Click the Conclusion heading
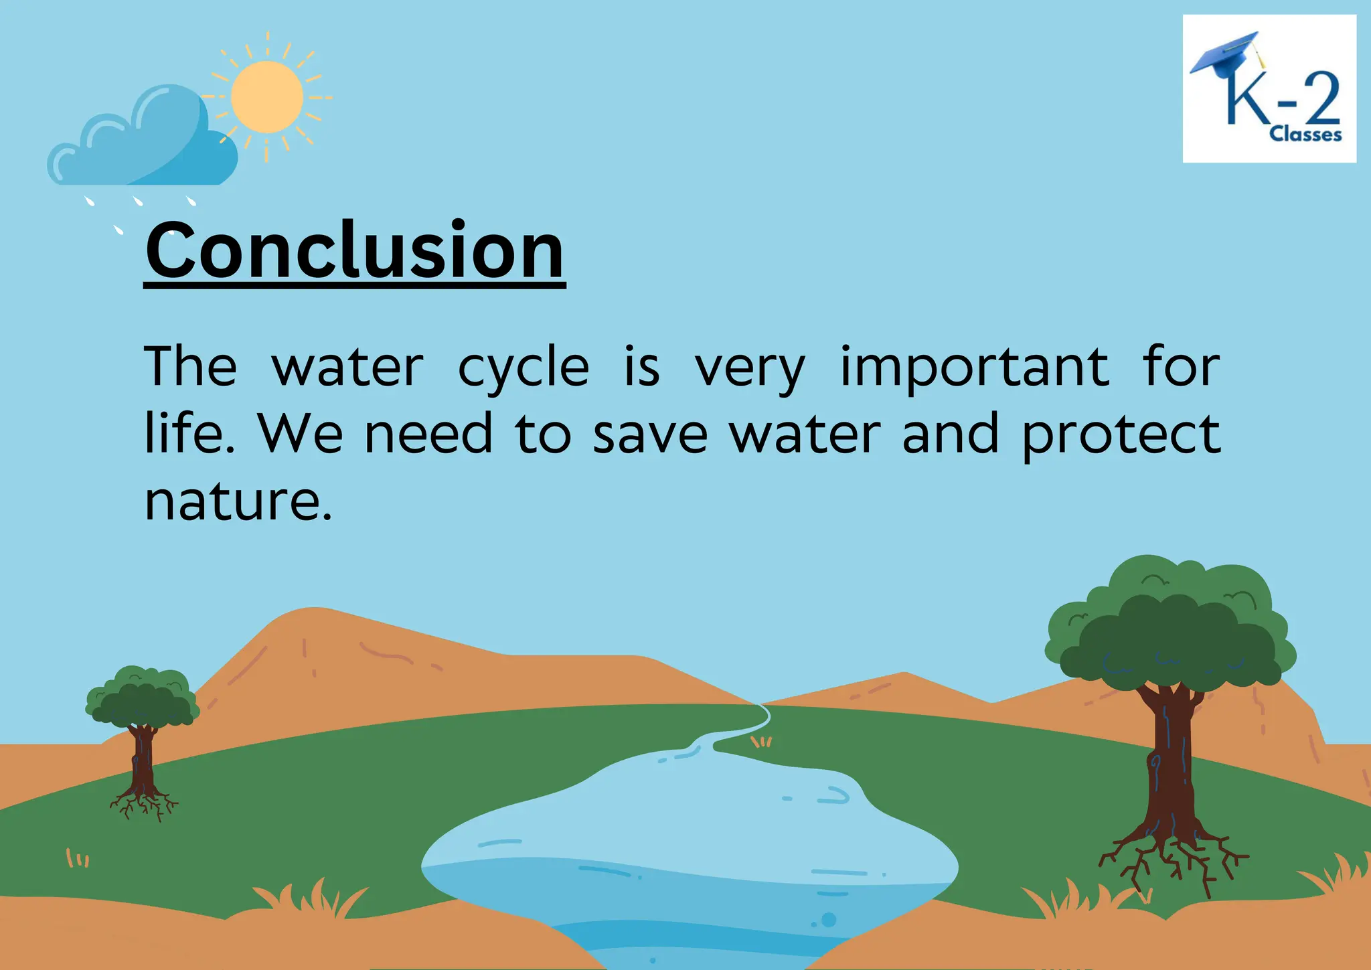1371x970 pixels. coord(355,251)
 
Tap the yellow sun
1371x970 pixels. coord(266,97)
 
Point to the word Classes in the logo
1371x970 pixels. coord(1305,135)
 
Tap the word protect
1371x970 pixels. coord(1121,434)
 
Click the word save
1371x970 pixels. coord(649,434)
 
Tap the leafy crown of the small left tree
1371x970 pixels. coord(142,696)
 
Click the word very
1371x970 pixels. coord(750,368)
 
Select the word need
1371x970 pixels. coord(428,434)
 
